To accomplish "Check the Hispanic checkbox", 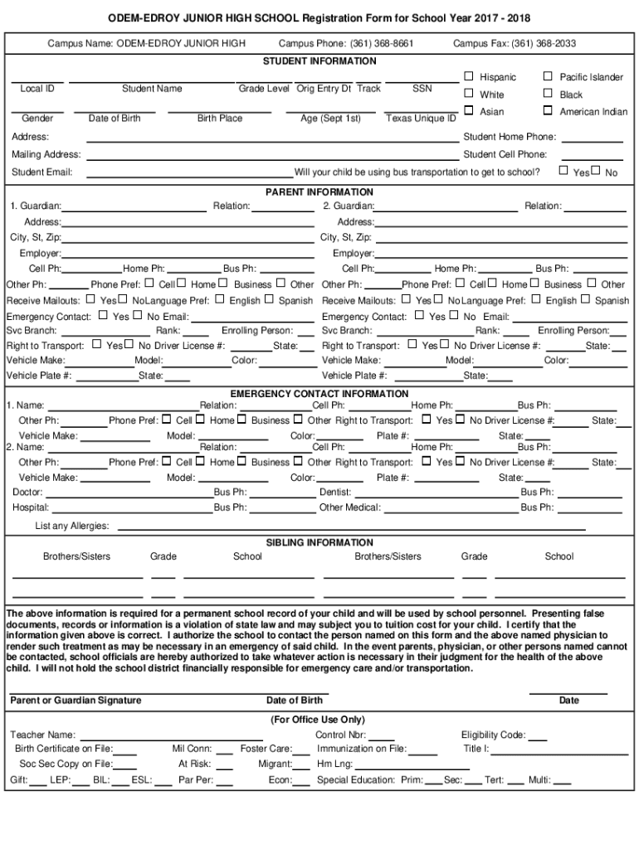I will [470, 77].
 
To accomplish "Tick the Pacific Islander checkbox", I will [548, 77].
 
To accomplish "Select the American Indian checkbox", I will [548, 111].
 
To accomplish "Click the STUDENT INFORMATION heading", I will [319, 61].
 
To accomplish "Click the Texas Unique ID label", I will [422, 119].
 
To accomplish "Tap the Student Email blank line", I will [190, 172].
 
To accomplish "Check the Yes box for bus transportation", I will [564, 172].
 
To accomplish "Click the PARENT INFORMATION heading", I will [319, 192].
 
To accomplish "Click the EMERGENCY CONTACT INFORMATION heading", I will [319, 394].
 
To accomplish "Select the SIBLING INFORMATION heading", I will [319, 543].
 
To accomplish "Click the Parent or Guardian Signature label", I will [76, 701].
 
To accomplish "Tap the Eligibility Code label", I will [493, 735].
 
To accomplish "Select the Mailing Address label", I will [46, 155].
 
